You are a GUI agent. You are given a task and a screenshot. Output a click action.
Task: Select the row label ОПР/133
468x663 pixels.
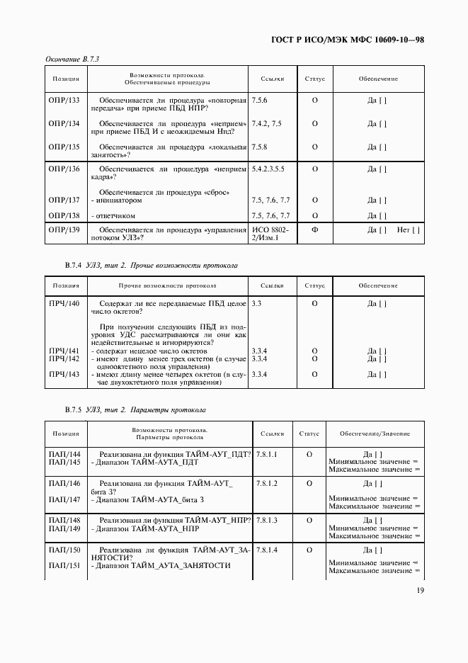coord(64,101)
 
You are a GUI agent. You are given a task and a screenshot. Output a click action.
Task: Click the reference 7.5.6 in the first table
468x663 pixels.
coord(259,101)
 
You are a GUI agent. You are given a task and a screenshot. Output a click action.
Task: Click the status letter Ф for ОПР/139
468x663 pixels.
coord(314,229)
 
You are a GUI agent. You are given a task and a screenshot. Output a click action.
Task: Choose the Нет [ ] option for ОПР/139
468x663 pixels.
coord(409,229)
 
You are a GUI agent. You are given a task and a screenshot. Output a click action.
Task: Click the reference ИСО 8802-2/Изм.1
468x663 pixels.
coord(270,234)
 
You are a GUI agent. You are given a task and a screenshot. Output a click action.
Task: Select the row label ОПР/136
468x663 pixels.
coord(64,169)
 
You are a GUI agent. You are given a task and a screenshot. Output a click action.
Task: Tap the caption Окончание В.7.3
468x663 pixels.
coord(72,59)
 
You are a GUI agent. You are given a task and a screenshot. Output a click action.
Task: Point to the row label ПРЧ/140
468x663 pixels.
coord(64,303)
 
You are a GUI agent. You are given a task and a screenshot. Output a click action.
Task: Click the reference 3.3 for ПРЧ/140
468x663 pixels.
coord(256,303)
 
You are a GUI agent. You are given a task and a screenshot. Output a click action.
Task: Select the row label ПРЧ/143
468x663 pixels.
coord(64,374)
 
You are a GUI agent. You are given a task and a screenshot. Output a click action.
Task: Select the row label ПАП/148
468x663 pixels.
coord(64,520)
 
